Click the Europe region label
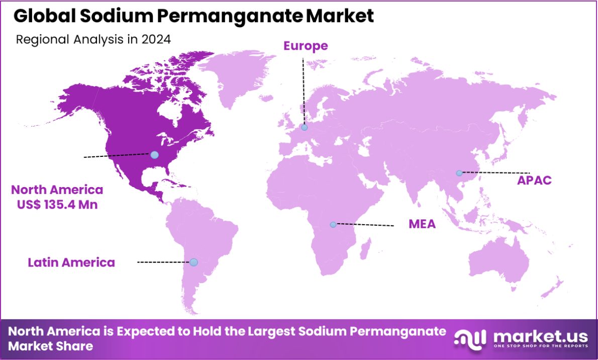coord(306,46)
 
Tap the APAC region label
coord(534,180)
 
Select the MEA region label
coord(422,224)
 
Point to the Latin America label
coord(71,262)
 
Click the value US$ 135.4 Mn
coord(57,205)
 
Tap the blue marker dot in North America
coord(155,155)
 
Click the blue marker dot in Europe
coord(304,128)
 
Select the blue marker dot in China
coord(459,173)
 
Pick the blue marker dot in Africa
coord(333,224)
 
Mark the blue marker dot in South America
coord(193,262)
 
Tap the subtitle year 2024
coord(155,39)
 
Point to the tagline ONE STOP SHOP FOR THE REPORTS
coord(541,346)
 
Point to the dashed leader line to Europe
coord(303,91)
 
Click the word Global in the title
coord(44,16)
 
